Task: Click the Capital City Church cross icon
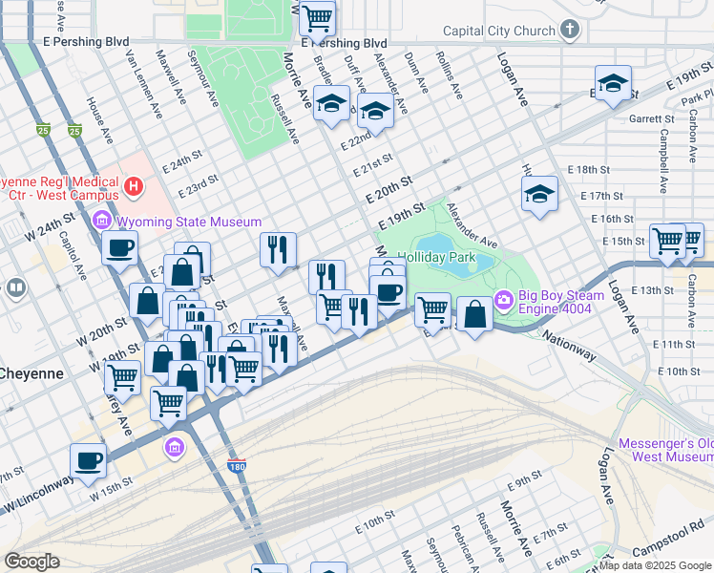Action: coord(570,30)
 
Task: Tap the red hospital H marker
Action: coord(135,184)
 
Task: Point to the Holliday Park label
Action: coord(435,258)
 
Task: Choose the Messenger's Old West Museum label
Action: coord(665,451)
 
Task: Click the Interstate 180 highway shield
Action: coord(238,468)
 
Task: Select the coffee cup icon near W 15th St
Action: coord(88,460)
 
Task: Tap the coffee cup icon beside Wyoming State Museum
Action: coord(120,247)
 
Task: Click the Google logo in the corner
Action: coord(31,562)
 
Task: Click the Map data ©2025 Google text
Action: coord(655,565)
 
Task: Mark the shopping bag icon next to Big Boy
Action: coord(474,314)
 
